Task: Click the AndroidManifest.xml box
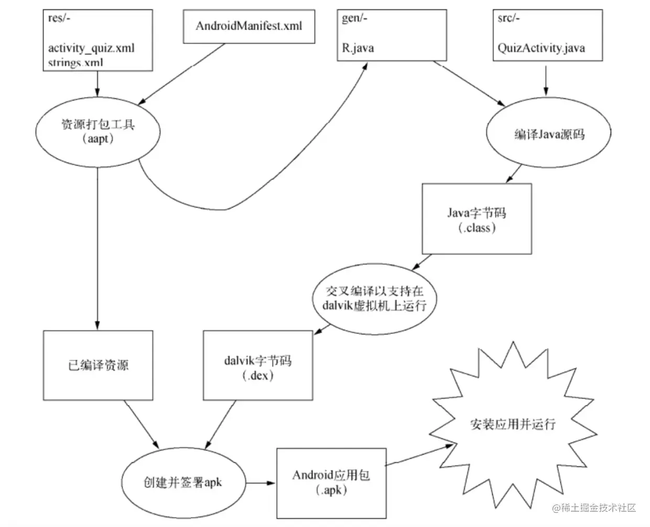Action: click(x=248, y=26)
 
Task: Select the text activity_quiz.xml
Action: click(x=91, y=48)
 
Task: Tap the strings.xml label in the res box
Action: click(x=75, y=63)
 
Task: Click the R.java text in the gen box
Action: click(x=358, y=48)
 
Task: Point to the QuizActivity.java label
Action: click(x=541, y=48)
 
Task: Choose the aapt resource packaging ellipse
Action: click(x=97, y=131)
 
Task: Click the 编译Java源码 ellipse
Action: click(x=549, y=134)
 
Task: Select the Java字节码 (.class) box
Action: click(x=476, y=219)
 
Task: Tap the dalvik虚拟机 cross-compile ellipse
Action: click(x=374, y=299)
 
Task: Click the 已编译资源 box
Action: click(x=98, y=365)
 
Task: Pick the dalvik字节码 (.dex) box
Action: click(x=257, y=365)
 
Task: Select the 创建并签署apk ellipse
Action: click(x=182, y=482)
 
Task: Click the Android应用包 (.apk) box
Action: click(x=331, y=482)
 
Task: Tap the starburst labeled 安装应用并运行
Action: click(x=513, y=424)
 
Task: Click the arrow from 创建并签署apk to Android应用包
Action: click(x=261, y=482)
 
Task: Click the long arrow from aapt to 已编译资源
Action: click(x=97, y=246)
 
